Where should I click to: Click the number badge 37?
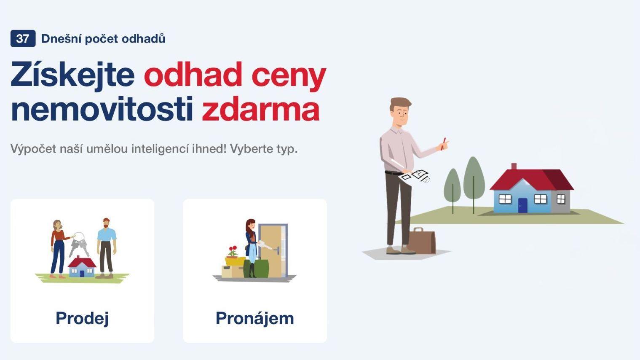point(23,39)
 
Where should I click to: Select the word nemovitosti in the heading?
point(102,110)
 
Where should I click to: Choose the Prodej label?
point(82,318)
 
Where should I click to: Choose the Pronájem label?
point(254,318)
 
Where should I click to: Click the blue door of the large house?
point(522,205)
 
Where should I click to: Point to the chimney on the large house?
point(514,166)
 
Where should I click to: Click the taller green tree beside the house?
point(474,179)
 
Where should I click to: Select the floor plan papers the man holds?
point(416,175)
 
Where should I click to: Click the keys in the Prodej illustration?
point(79,243)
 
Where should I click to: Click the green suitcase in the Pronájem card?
point(261,268)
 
